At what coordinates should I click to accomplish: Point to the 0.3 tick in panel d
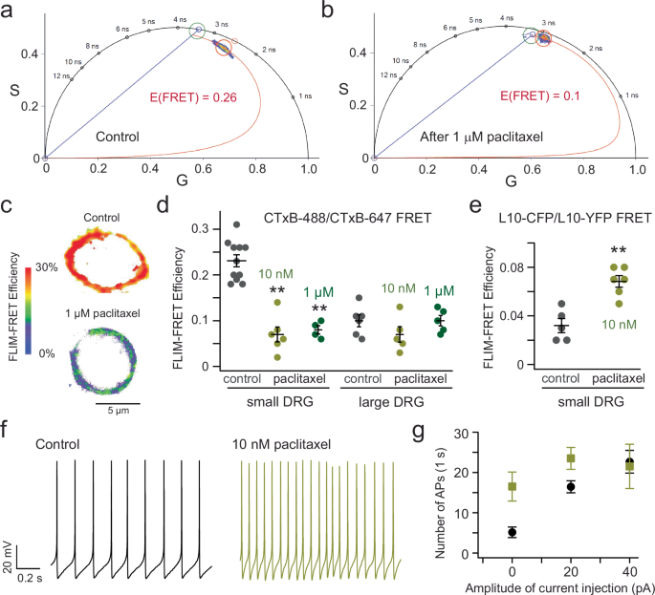coord(198,229)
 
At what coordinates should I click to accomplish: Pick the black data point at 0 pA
coord(513,532)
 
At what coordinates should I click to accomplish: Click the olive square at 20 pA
coord(571,459)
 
